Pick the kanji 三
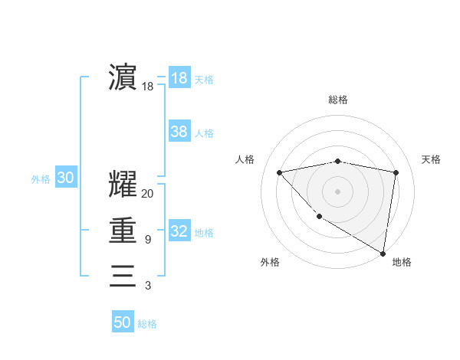coord(123,275)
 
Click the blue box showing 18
coord(179,78)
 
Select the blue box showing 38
coord(179,132)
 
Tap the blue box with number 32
coord(179,231)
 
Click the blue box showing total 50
coord(123,322)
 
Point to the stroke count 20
coord(147,194)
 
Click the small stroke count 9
coord(147,240)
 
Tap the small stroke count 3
coord(147,286)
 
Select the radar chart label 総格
coord(337,100)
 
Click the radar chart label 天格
coord(431,159)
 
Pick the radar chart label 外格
coord(270,263)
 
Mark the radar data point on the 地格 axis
coord(383,253)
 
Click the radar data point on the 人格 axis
coord(279,172)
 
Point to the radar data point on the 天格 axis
coord(396,172)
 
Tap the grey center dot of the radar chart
coord(337,191)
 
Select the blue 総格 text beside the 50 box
coord(147,324)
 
